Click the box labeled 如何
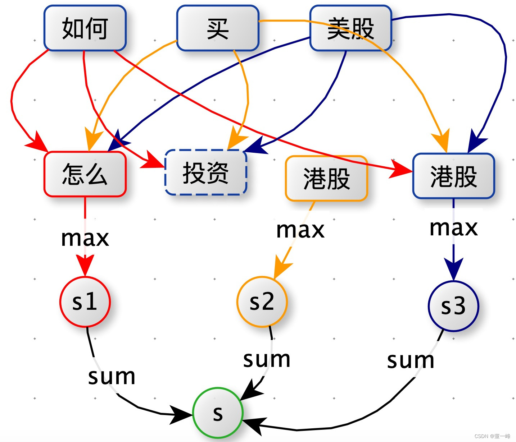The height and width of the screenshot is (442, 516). [x=85, y=28]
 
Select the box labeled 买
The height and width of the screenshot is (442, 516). [x=218, y=28]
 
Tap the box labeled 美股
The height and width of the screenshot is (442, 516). [x=350, y=28]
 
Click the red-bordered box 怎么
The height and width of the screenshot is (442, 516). [x=85, y=174]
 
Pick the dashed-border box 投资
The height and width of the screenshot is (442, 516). [x=206, y=172]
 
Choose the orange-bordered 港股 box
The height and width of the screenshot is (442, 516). [x=326, y=178]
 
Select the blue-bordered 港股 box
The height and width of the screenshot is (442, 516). [x=453, y=176]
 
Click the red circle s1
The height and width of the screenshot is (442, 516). [x=85, y=301]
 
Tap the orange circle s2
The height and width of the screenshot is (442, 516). [x=262, y=301]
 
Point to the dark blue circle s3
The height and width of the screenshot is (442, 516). [x=453, y=306]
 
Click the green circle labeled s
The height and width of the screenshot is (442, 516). [x=218, y=413]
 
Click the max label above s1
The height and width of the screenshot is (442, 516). [x=85, y=238]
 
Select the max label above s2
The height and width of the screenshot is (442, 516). [x=300, y=230]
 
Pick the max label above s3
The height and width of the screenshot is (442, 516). [x=453, y=228]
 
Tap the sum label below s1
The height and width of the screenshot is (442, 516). [x=112, y=377]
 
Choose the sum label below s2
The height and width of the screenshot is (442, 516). [x=267, y=359]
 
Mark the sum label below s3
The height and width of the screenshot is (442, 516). [x=411, y=360]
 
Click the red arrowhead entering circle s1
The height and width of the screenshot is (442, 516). [x=85, y=265]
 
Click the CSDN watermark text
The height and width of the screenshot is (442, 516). [x=492, y=436]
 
